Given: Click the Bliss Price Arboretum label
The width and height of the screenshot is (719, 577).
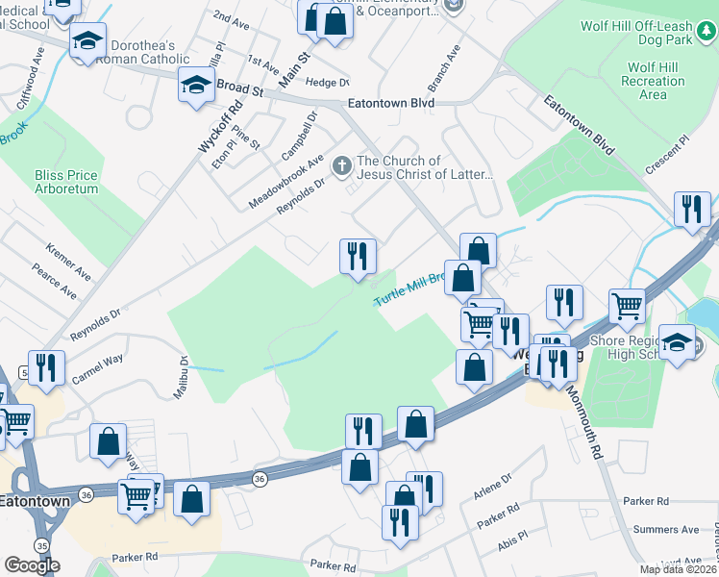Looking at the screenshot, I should pos(66,183).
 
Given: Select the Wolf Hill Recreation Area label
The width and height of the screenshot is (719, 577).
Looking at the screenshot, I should pos(653,82).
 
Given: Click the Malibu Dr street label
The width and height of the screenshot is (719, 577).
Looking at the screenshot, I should pos(183,374).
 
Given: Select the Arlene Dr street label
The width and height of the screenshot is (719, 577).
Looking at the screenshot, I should pos(493,487).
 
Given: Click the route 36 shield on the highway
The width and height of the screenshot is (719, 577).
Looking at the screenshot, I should pos(260,478).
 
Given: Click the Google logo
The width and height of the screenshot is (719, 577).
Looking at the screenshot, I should pos(32,565).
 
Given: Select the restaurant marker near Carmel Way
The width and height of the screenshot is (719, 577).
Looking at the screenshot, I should pos(46,366).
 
